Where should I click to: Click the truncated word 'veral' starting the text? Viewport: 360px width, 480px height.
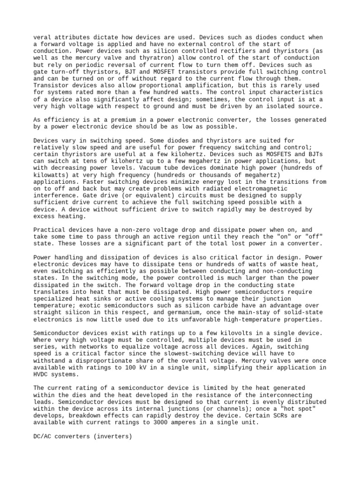coord(43,37)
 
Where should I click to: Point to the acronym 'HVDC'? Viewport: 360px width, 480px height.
coord(41,375)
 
